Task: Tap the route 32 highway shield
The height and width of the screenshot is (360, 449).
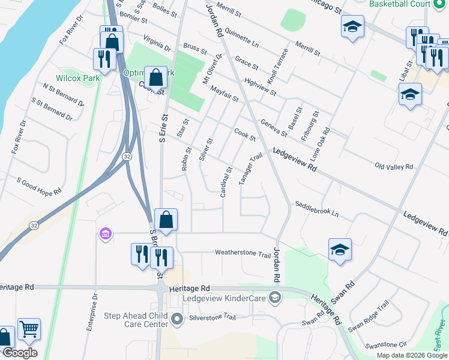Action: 127,156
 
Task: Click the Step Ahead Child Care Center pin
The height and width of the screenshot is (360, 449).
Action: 177,320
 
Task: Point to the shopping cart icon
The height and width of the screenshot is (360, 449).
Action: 29,329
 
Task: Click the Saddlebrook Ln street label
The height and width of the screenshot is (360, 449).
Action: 316,209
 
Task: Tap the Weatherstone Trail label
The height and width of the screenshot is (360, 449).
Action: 243,253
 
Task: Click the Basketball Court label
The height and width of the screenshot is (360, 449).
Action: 400,4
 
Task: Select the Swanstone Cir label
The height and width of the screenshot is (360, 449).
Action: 386,344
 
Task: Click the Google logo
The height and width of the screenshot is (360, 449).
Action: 19,353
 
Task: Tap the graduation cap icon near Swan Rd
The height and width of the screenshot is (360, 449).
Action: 340,250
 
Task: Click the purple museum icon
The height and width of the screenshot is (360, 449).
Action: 106,233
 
